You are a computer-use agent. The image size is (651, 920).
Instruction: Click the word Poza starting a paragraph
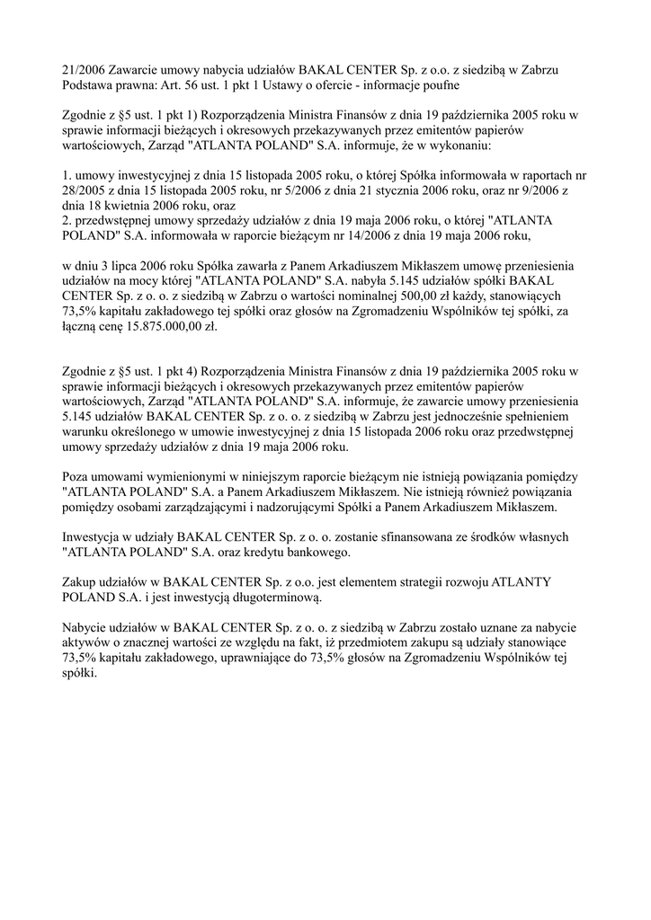point(78,475)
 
